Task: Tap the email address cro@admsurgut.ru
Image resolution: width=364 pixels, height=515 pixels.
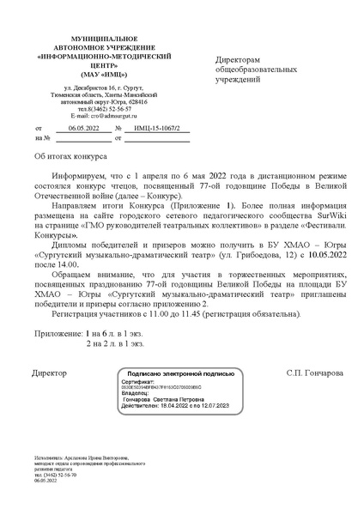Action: click(96, 116)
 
